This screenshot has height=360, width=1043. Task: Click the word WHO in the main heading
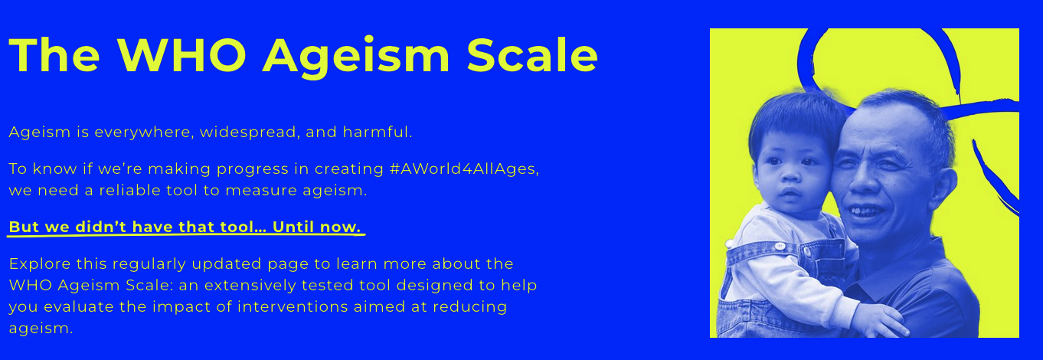point(181,54)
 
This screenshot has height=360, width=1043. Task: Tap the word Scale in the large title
point(532,54)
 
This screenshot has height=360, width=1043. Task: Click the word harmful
point(377,133)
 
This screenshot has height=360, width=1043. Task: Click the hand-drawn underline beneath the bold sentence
point(184,236)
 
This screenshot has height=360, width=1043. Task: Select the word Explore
point(39,264)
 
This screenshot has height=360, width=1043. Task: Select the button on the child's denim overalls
point(779,246)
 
